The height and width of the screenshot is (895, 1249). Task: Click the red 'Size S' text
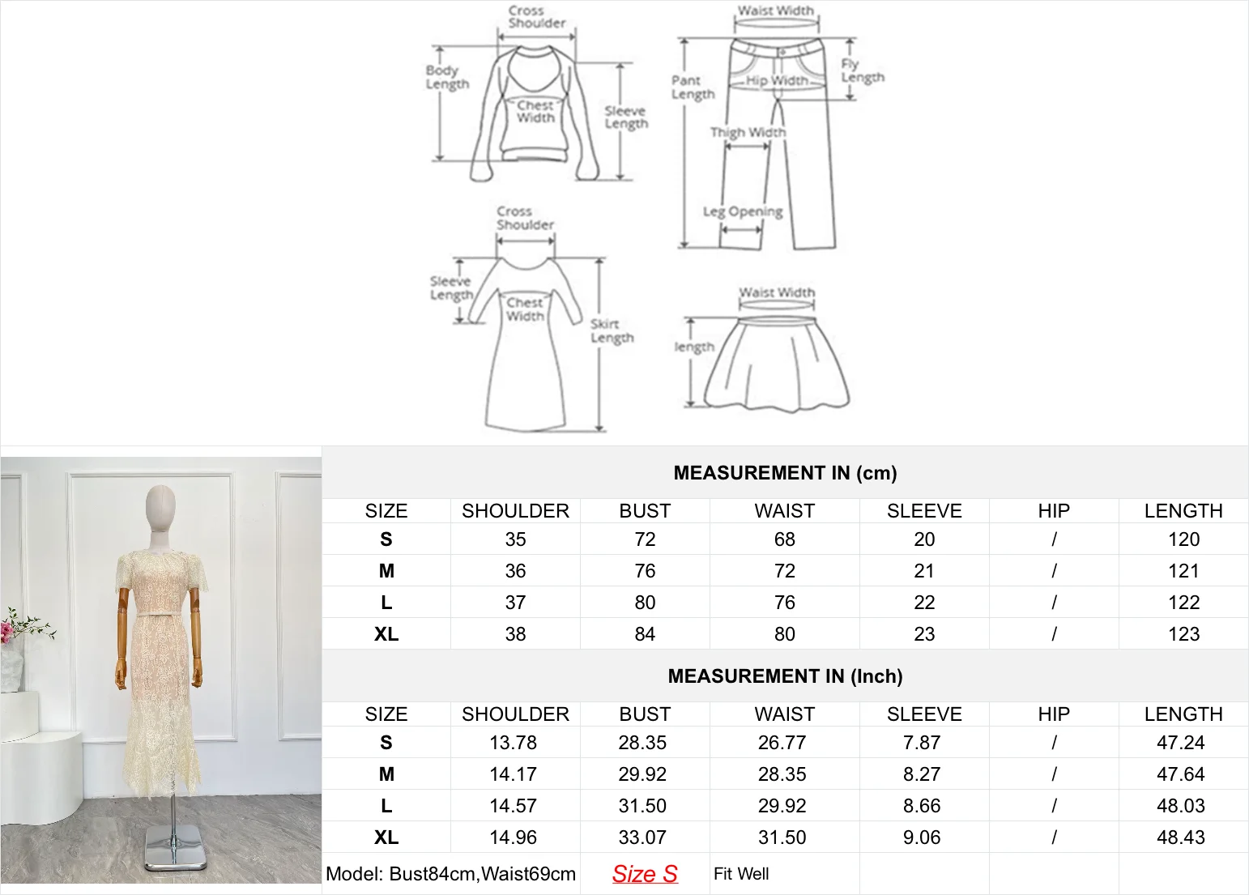click(x=645, y=874)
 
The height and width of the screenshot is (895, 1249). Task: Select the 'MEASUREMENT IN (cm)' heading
click(x=785, y=473)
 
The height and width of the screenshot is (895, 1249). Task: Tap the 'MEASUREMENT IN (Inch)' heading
click(x=785, y=676)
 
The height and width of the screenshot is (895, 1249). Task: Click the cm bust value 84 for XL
click(x=645, y=634)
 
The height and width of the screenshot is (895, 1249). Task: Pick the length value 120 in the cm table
click(x=1183, y=539)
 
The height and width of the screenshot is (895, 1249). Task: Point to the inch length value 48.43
click(x=1181, y=837)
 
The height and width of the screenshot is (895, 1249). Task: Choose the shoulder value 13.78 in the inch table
click(x=514, y=743)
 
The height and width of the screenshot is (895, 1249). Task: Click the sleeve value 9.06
click(x=922, y=837)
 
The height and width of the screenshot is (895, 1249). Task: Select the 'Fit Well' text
click(x=741, y=874)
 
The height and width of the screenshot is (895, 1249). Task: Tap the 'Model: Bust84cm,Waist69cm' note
click(x=450, y=874)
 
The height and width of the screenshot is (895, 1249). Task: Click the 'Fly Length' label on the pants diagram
click(x=862, y=70)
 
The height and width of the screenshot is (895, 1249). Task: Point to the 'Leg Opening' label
click(x=743, y=212)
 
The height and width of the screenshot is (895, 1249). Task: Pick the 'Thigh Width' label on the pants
click(x=748, y=132)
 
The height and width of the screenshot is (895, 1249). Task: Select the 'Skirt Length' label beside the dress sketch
click(x=612, y=330)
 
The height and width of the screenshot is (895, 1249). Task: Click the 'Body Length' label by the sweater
click(x=447, y=77)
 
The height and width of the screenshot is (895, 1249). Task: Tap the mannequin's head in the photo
click(x=162, y=506)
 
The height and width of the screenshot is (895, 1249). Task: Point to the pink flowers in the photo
click(x=10, y=628)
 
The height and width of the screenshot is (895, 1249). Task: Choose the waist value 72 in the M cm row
click(x=785, y=571)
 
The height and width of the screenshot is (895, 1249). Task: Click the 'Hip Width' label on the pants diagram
click(x=776, y=80)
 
